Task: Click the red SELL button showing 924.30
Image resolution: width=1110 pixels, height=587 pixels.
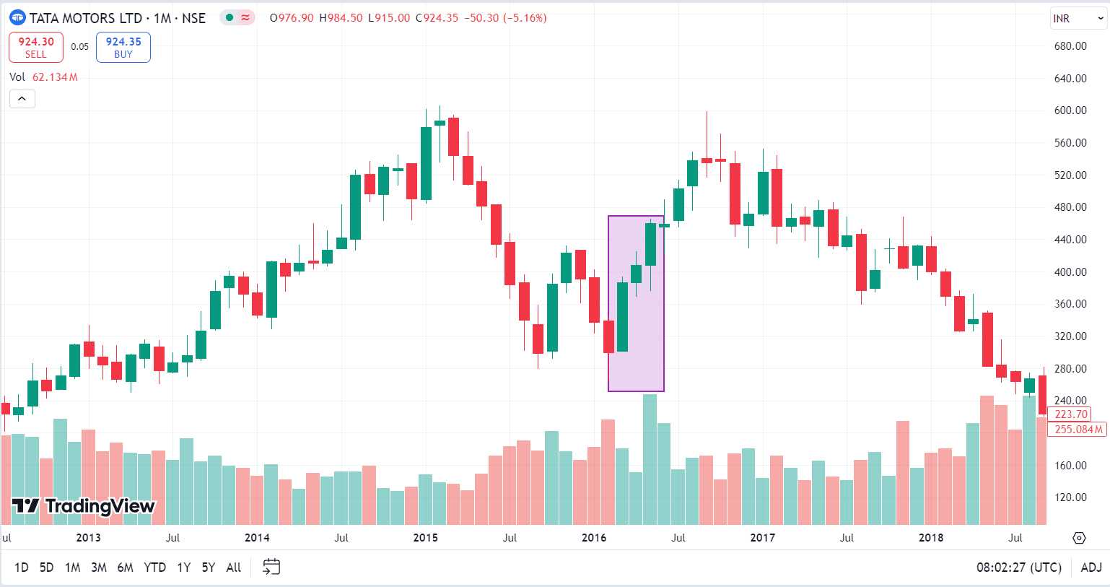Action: [x=36, y=47]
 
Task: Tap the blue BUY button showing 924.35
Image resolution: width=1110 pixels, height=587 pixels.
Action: [x=123, y=47]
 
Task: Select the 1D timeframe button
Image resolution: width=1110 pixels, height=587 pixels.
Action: [x=22, y=568]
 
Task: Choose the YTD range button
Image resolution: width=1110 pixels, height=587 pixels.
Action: [x=154, y=568]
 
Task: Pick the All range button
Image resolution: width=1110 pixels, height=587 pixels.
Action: [x=233, y=568]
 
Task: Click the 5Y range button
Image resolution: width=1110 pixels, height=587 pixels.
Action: [x=209, y=568]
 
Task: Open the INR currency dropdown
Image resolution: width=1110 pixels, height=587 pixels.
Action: [x=1078, y=19]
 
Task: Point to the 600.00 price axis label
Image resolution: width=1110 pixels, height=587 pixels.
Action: [x=1070, y=110]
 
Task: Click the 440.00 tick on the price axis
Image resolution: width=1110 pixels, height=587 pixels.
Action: [x=1070, y=240]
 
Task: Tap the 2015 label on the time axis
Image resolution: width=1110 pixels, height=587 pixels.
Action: [x=425, y=538]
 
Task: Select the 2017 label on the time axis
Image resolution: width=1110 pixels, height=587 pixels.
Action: [x=762, y=538]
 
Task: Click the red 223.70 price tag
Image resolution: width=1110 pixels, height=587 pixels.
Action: [x=1070, y=414]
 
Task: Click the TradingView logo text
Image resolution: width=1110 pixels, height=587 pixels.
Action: [x=84, y=506]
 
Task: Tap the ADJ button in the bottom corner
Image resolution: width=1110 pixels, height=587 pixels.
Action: [x=1091, y=568]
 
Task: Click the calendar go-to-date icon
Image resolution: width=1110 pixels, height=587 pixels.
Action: [x=271, y=568]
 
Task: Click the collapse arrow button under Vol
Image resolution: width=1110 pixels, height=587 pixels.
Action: [x=22, y=99]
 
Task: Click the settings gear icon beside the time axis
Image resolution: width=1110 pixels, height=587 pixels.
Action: [x=1079, y=538]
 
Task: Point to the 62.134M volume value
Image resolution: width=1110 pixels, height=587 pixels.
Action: [x=55, y=77]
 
